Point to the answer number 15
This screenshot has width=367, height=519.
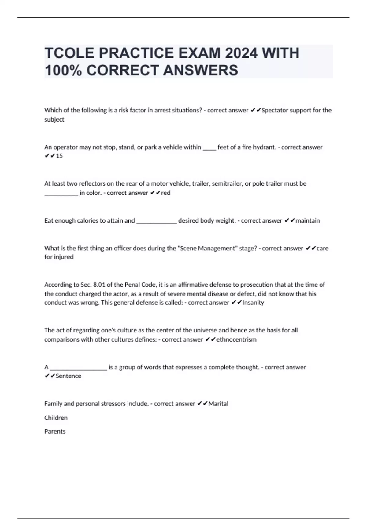coord(59,156)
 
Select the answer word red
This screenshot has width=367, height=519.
coord(166,193)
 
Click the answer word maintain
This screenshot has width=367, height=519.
coord(308,220)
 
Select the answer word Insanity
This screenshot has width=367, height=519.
coord(253,303)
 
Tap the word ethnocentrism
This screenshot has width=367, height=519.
coord(236,339)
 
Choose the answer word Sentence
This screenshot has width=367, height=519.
coord(69,376)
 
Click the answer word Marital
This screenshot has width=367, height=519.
coord(218,404)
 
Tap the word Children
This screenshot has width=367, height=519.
coord(56,418)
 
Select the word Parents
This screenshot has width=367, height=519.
coord(55,431)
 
